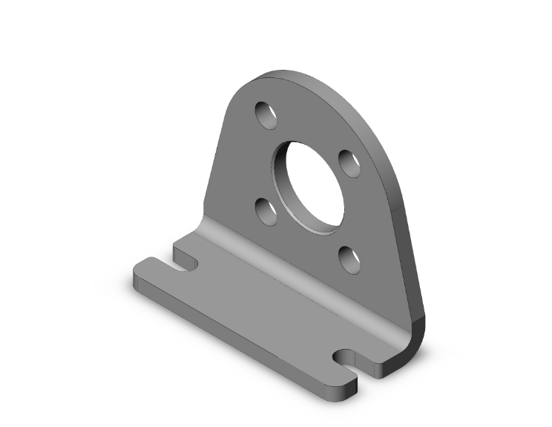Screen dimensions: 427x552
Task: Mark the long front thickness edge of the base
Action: click(237, 334)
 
